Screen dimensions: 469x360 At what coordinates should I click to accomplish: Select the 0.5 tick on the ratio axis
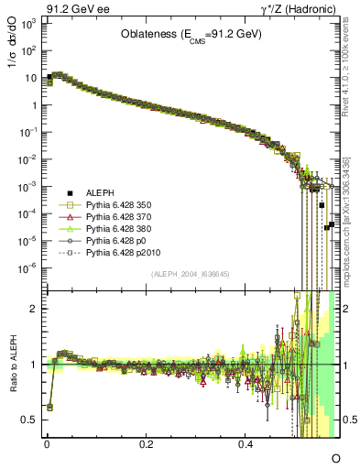(29, 420)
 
